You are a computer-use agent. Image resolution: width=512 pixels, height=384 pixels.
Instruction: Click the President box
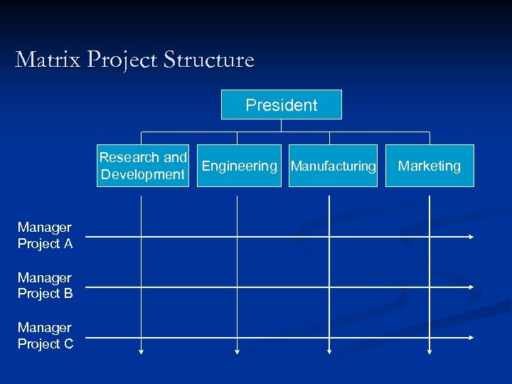pyautogui.click(x=282, y=105)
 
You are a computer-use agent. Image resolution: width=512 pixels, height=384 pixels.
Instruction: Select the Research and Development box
pyautogui.click(x=143, y=166)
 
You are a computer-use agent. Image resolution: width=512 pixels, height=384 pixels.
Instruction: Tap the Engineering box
pyautogui.click(x=239, y=166)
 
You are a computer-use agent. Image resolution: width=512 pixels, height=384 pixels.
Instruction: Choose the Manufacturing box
pyautogui.click(x=333, y=166)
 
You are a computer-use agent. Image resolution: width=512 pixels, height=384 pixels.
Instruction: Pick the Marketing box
pyautogui.click(x=430, y=166)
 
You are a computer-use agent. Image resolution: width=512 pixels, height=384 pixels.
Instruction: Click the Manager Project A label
pyautogui.click(x=45, y=235)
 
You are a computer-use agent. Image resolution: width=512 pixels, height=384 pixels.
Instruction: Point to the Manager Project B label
pyautogui.click(x=45, y=285)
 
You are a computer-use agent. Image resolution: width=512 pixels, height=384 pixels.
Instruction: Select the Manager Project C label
pyautogui.click(x=45, y=336)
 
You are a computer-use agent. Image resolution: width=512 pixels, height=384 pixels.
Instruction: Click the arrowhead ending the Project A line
pyautogui.click(x=471, y=236)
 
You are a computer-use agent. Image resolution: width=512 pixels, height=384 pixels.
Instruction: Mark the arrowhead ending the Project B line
pyautogui.click(x=471, y=287)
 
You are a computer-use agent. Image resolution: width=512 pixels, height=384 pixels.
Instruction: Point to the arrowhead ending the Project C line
pyautogui.click(x=471, y=337)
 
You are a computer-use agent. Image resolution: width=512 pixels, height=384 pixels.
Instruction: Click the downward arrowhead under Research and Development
pyautogui.click(x=142, y=351)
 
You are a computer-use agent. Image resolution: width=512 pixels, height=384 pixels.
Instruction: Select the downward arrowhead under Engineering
pyautogui.click(x=238, y=351)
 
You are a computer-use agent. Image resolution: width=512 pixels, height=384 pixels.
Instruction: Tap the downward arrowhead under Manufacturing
pyautogui.click(x=329, y=351)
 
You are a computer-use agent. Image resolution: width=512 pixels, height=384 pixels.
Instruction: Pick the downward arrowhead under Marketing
pyautogui.click(x=430, y=351)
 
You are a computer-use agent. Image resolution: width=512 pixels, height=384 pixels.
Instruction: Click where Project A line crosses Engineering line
pyautogui.click(x=238, y=236)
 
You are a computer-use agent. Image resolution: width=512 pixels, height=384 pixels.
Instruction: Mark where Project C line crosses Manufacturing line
pyautogui.click(x=329, y=337)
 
